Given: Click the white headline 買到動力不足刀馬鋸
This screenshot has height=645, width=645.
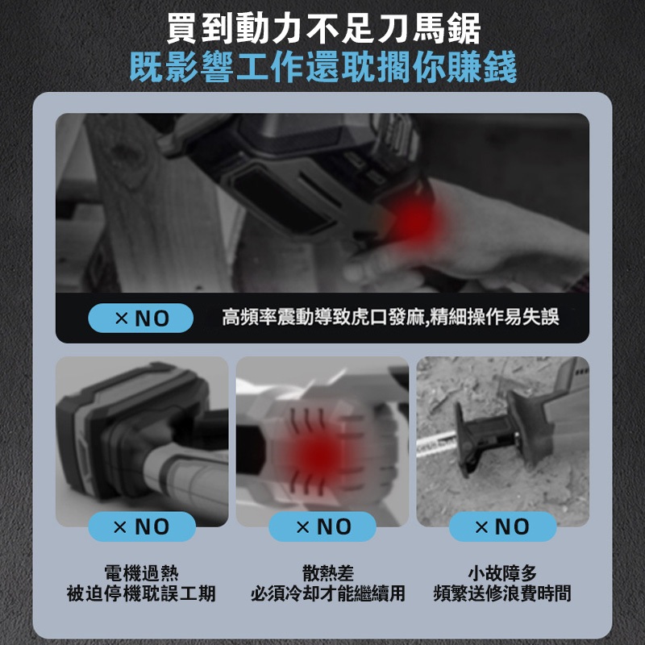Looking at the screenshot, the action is [324, 28].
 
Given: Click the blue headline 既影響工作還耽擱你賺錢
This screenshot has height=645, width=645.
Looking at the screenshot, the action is [323, 67].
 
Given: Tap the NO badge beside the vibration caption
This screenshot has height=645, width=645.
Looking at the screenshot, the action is [140, 318].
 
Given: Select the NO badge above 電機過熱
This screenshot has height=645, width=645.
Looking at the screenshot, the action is [142, 526].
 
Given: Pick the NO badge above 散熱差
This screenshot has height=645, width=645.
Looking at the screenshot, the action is [322, 526].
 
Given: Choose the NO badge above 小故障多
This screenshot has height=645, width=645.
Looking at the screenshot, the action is [502, 526].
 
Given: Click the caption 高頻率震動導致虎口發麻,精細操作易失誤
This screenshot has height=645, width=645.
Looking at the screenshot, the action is [390, 317].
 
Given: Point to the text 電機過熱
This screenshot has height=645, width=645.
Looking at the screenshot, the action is [142, 572].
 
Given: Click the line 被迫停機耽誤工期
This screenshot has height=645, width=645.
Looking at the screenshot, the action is [141, 593].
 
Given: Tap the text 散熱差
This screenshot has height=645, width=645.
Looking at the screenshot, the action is [328, 572].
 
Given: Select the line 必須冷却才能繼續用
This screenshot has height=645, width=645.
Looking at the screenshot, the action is [328, 593].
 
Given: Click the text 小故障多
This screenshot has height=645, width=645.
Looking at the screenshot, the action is [502, 572].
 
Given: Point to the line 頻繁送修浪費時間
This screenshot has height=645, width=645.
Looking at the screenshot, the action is [502, 593].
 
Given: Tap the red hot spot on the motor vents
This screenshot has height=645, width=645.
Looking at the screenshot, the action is [316, 452].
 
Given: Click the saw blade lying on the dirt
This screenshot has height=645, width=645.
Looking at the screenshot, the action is [436, 443].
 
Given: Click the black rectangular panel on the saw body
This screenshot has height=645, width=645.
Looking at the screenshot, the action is [284, 203].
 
